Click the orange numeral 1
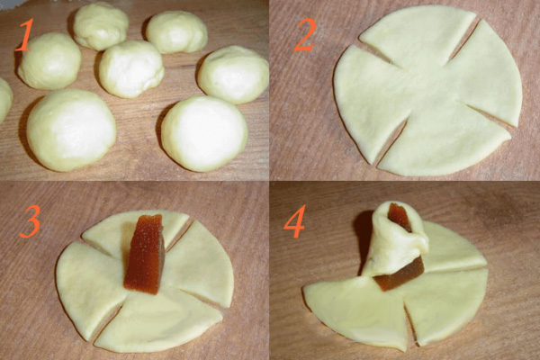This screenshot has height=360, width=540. coord(25,34)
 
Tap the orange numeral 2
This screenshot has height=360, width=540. coord(305,34)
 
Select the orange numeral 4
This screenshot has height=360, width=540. coord(294,221)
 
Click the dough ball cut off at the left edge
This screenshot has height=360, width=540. coord(4,100)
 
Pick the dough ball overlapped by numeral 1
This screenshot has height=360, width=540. coord(49,61)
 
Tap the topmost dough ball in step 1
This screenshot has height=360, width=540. coord(101,26)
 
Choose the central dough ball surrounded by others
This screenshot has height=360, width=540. coord(131,68)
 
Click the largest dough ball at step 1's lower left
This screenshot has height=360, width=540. coord(71,130)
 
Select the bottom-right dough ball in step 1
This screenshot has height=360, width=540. coord(204,133)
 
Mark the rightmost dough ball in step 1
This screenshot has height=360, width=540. coord(233,75)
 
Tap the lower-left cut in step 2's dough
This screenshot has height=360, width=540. coord(391,144)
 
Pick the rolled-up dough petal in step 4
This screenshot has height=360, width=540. coord(396,238)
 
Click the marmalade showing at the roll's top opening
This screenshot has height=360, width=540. coord(399,216)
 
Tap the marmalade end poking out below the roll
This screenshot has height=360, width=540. coord(400,274)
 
